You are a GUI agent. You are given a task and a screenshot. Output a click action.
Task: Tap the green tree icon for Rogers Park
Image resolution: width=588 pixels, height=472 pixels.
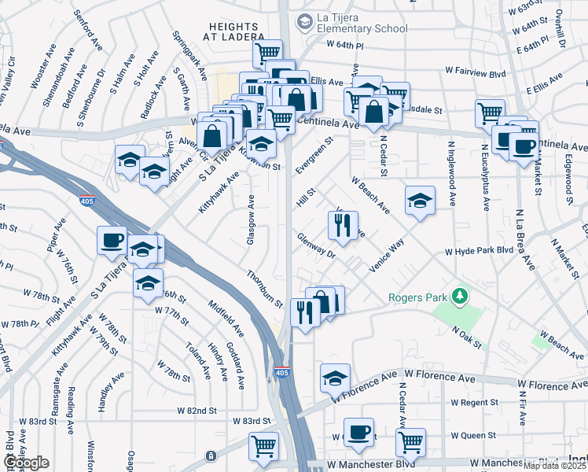456,297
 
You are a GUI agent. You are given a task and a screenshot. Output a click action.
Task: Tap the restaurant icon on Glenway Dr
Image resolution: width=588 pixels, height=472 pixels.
342,225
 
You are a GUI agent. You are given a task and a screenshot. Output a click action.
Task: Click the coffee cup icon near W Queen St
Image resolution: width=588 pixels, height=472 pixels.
358,432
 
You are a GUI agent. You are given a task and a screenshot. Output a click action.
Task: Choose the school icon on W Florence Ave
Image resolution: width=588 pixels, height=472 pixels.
336,378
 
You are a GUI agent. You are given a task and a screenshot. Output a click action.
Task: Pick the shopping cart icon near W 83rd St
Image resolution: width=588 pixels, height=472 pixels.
264,446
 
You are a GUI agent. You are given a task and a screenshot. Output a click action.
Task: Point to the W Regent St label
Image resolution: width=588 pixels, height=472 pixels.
476,402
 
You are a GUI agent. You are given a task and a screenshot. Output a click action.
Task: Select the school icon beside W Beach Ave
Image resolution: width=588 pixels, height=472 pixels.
421,201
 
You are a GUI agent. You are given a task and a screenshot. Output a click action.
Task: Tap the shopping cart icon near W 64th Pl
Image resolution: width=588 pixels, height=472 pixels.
267,53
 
